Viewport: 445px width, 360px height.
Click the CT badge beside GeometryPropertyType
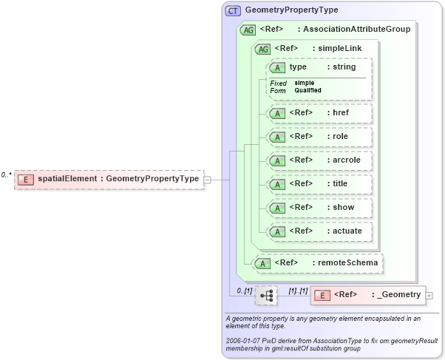[234, 11]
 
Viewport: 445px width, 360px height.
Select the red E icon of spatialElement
[26, 179]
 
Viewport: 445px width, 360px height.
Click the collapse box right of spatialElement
[208, 179]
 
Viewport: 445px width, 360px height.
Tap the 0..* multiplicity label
[6, 175]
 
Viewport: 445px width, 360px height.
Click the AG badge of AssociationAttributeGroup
[248, 30]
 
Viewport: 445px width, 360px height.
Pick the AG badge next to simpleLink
[262, 49]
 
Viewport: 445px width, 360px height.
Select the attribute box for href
[319, 113]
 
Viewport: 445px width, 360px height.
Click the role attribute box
[319, 137]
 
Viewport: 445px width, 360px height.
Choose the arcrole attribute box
[319, 160]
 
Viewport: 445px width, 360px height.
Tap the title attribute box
[319, 184]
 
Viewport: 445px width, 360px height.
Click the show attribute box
[319, 208]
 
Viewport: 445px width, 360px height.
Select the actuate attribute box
[319, 231]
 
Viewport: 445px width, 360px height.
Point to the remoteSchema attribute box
[319, 262]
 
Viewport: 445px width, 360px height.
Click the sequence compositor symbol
[266, 296]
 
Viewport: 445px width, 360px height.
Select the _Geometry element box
[368, 296]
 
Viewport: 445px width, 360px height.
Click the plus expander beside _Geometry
[429, 296]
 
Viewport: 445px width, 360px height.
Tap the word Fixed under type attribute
[278, 83]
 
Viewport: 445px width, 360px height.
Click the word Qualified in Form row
[308, 90]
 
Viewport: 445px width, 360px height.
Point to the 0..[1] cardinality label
[244, 291]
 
